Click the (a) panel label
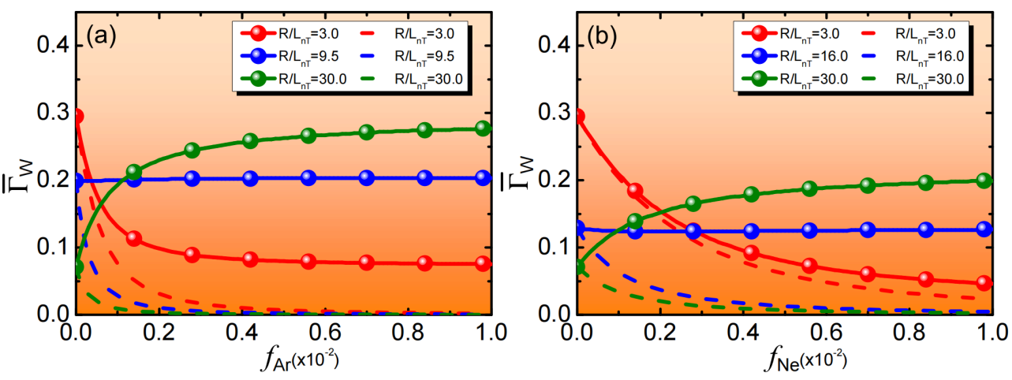click(101, 36)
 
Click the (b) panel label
click(602, 36)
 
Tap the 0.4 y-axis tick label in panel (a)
click(54, 45)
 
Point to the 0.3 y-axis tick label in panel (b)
click(554, 112)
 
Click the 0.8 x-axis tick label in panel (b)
click(909, 333)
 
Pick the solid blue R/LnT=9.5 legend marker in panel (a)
click(257, 56)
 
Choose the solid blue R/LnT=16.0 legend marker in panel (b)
click(759, 56)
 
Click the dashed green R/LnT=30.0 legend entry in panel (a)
click(412, 80)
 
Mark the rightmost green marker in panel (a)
click(483, 129)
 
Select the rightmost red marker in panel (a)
click(483, 263)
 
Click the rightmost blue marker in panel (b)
click(984, 229)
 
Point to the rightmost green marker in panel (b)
click(984, 181)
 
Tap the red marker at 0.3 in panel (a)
click(78, 117)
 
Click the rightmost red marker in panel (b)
click(984, 283)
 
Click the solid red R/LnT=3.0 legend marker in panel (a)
click(257, 33)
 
